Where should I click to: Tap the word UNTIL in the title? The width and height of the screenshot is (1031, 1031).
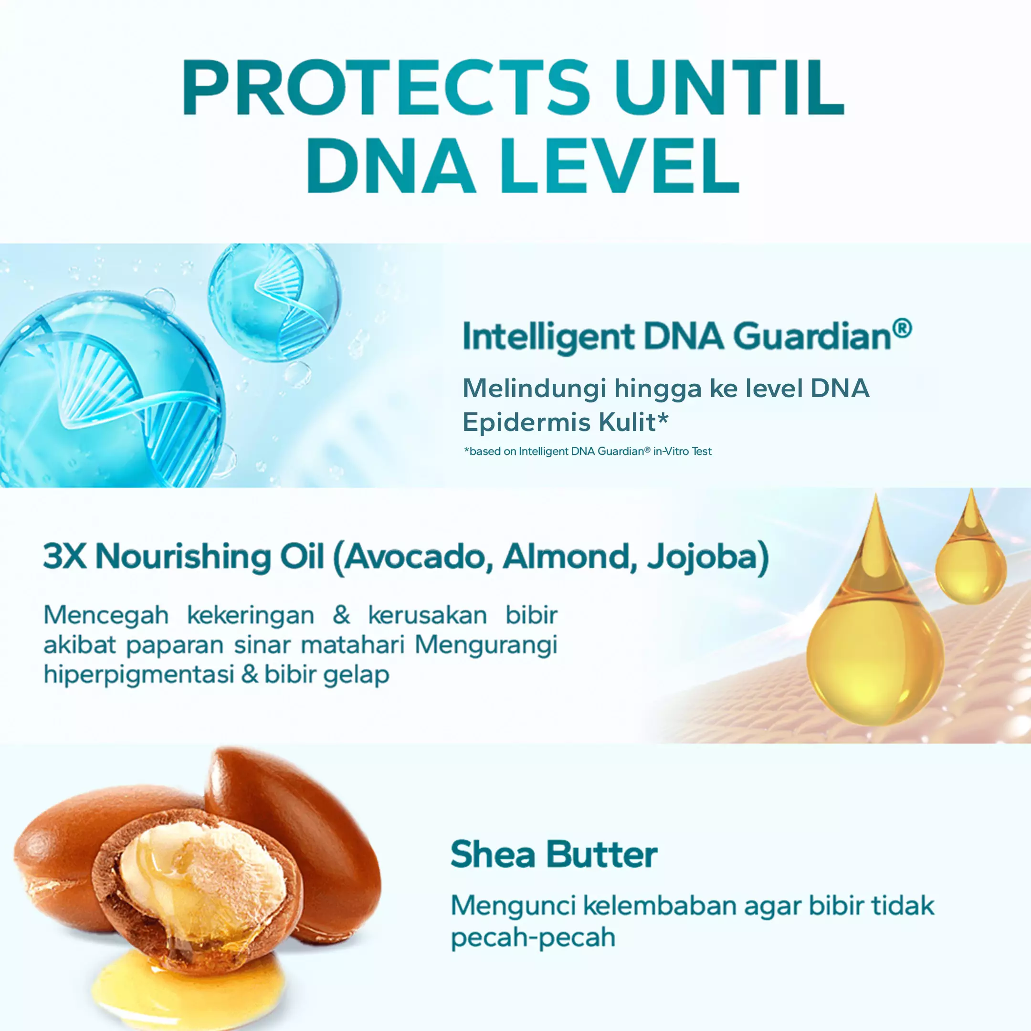pos(729,88)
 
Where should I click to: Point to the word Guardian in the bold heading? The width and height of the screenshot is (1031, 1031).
pos(811,338)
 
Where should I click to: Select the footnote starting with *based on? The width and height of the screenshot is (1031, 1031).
pos(588,452)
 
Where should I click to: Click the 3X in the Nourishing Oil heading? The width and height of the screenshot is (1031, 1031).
pos(64,557)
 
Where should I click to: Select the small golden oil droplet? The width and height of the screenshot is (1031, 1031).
pos(971,560)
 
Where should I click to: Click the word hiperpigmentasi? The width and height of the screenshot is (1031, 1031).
pos(139,674)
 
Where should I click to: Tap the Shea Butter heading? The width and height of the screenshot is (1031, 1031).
pos(553,855)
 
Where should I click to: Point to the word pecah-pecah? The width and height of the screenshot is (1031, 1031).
pos(533,937)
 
